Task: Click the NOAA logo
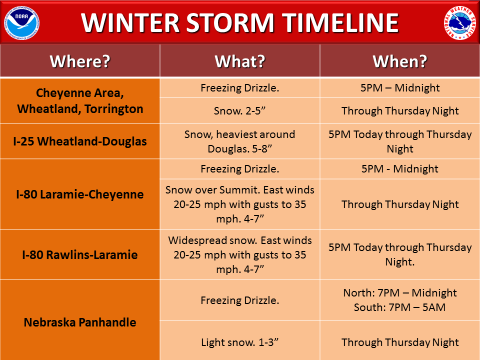coord(21,23)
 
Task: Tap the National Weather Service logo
coord(460,23)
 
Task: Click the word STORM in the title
coord(230,23)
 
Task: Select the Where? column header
coord(80,61)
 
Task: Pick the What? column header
coord(240,61)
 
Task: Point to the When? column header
coord(400,61)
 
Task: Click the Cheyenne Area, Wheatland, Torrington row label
coord(80,101)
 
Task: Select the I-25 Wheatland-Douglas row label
coord(80,141)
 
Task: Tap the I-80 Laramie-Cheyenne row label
coord(80,194)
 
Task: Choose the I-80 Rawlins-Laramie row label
coord(80,254)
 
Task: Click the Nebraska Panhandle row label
coord(80,322)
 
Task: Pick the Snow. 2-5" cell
coord(239,111)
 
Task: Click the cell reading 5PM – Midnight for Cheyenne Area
coord(400,88)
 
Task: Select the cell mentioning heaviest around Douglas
coord(239,141)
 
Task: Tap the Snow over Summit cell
coord(239,204)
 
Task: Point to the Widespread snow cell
coord(239,254)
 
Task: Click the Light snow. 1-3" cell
coord(239,342)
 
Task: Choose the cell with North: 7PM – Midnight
coord(400,300)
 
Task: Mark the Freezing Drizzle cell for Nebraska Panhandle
coord(239,300)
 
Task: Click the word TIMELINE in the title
coord(340,23)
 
